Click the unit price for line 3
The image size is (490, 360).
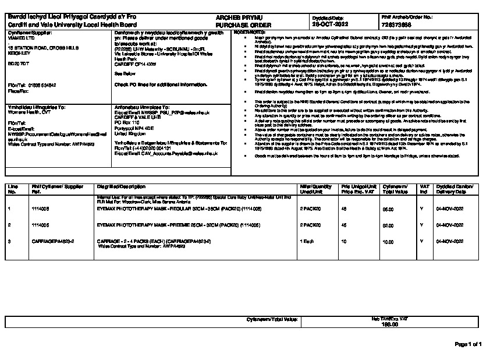[343, 240]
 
